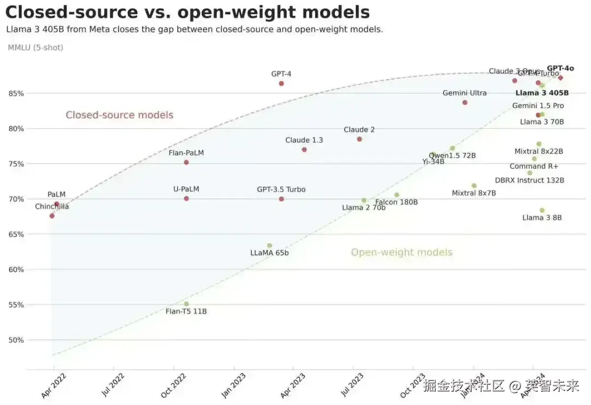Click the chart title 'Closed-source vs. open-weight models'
[187, 12]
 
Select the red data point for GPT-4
[281, 83]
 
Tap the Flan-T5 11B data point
[186, 304]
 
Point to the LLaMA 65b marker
[269, 246]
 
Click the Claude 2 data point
[360, 139]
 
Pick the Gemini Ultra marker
[465, 102]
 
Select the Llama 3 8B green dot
[542, 210]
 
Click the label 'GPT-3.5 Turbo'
[281, 190]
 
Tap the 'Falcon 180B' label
[396, 202]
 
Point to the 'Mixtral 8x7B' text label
[474, 193]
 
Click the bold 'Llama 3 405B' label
[542, 93]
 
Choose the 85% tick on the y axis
[16, 93]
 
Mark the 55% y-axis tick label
[16, 305]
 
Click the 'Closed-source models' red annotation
[119, 115]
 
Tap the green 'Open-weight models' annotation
[402, 252]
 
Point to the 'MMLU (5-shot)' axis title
[36, 48]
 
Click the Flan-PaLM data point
[186, 162]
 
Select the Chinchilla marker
[52, 216]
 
